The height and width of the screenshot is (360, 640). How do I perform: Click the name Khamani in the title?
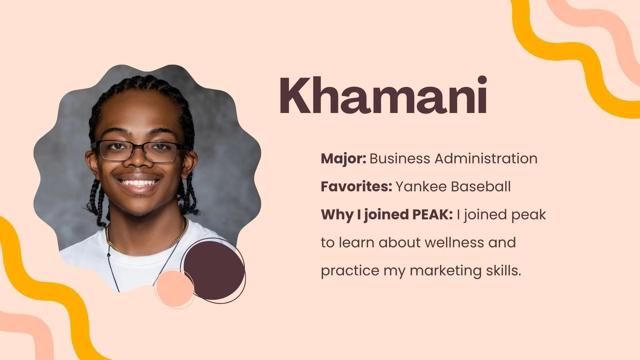coord(383,96)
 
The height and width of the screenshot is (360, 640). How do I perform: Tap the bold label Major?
coord(343,159)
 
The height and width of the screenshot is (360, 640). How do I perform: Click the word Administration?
coord(486,159)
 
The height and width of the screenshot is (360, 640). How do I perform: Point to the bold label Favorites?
coord(356,187)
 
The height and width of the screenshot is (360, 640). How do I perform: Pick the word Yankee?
coord(421,187)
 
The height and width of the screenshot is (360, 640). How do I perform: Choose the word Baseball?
coord(481,187)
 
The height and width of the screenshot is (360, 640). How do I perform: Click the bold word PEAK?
coord(432,215)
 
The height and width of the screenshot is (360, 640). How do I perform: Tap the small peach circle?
coord(175,289)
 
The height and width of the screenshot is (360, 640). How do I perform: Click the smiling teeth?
coord(139,183)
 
